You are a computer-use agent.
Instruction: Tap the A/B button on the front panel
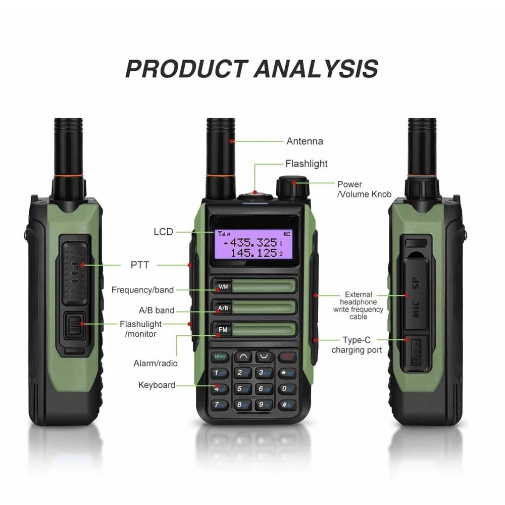coord(223,308)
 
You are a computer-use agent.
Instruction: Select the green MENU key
coord(220,357)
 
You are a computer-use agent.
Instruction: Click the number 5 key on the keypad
coord(243,389)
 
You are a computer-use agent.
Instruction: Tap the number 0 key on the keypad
coord(287,389)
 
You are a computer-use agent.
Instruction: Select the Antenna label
coord(305,141)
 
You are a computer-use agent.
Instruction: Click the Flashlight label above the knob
coord(306,164)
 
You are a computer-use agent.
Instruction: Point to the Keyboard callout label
coord(157,385)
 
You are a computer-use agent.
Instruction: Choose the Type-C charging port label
coord(357,345)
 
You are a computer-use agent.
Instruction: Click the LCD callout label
coord(163,232)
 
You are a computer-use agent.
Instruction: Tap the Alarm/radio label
coord(156,363)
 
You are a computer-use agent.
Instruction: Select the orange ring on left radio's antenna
coord(68,176)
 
